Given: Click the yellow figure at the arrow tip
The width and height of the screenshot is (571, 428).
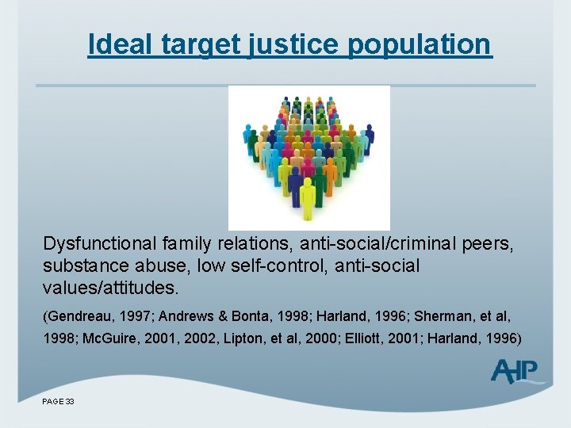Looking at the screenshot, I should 308,198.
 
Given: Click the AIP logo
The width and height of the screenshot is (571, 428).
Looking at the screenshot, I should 516,371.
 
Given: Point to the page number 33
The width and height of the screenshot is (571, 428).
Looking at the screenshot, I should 69,402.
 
